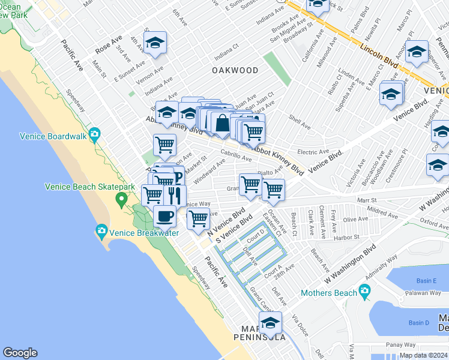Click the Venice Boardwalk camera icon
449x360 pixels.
[x=94, y=135]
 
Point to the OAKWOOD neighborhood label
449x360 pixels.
[x=235, y=70]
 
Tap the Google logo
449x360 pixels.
[x=20, y=353]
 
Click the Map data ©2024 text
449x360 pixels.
[x=423, y=355]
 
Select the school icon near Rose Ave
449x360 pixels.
[x=155, y=43]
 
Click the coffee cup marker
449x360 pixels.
[x=164, y=215]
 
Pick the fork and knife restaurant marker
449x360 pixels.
[x=175, y=195]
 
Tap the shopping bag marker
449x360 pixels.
[x=221, y=122]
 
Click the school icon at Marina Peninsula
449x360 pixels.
[x=271, y=323]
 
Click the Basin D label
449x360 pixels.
[x=419, y=323]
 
